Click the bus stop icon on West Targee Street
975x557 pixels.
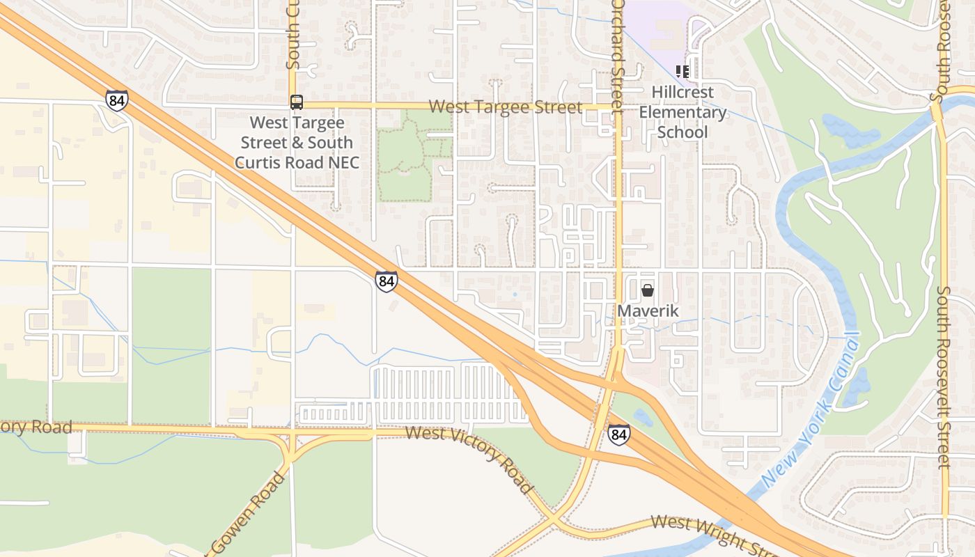coord(297,102)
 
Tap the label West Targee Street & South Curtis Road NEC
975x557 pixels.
coord(297,143)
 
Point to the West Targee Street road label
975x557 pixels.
coord(505,107)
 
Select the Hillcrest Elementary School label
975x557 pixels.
coord(682,112)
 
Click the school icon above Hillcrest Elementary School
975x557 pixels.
coord(682,71)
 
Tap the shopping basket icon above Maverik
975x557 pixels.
coord(648,290)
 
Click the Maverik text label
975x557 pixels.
coord(648,311)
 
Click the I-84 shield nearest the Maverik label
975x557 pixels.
coord(618,434)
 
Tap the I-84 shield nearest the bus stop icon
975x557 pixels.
coord(117,100)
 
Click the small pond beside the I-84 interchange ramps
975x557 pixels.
coord(642,418)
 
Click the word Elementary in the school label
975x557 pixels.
coord(682,112)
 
